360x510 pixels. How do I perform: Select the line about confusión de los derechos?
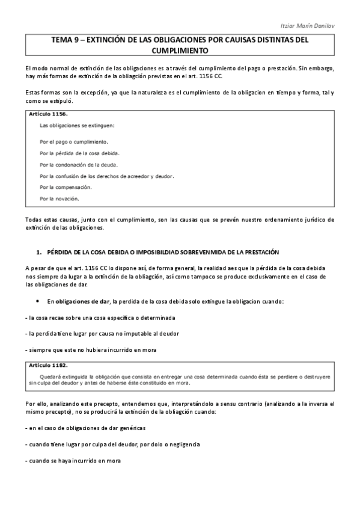tap(106, 176)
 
